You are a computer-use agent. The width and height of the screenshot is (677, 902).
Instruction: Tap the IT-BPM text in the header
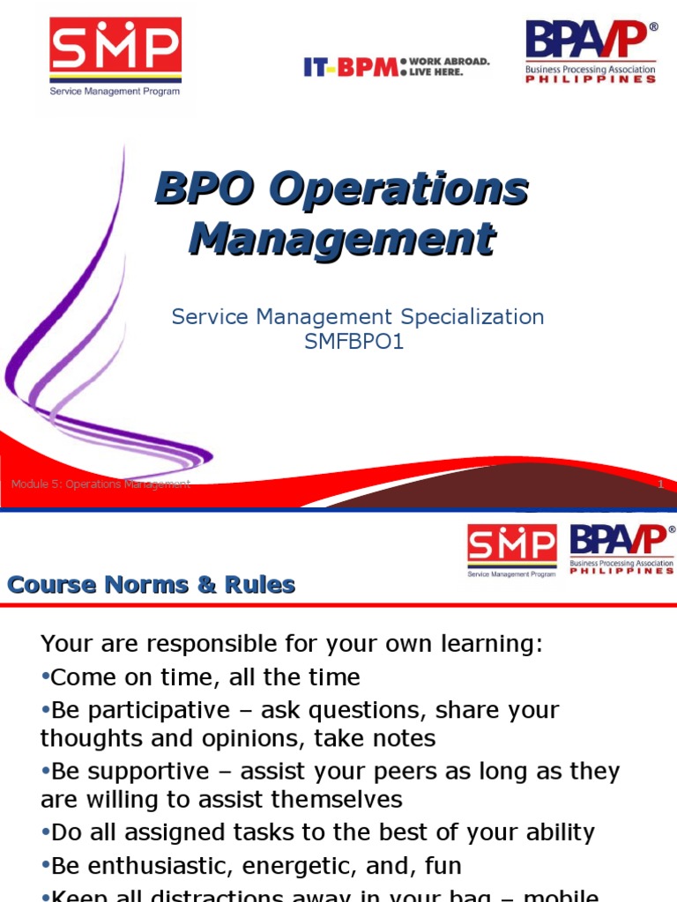350,67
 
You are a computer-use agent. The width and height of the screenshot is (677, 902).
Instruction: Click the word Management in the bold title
342,239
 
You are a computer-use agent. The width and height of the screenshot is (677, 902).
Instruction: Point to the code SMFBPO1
353,342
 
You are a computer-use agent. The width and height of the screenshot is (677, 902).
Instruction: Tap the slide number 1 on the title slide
660,484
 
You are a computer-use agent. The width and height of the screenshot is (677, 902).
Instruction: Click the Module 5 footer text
100,484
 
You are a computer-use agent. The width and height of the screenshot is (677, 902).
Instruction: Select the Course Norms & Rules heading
151,585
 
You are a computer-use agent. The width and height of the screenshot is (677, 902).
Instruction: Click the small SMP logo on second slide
511,551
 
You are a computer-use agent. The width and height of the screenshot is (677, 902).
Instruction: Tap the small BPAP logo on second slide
622,550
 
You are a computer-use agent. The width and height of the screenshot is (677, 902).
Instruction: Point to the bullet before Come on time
45,677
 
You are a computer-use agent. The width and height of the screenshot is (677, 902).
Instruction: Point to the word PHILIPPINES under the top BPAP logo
591,78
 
